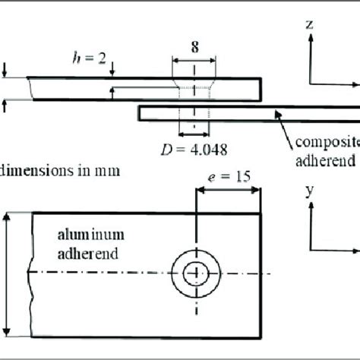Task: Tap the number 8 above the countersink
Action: coord(194,47)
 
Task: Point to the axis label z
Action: coord(310,24)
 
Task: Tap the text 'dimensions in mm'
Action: coord(61,170)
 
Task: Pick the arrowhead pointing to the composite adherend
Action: coord(279,114)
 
